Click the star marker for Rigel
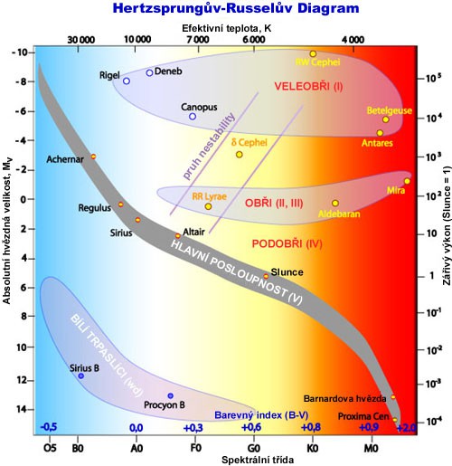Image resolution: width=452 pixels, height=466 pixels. pyautogui.click(x=127, y=81)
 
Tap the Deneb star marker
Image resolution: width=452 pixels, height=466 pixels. pyautogui.click(x=149, y=73)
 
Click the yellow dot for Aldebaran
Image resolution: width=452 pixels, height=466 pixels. pyautogui.click(x=335, y=204)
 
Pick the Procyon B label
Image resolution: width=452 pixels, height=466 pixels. pyautogui.click(x=164, y=405)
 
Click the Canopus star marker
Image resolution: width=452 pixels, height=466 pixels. pyautogui.click(x=193, y=117)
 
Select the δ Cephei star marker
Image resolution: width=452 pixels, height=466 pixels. pyautogui.click(x=240, y=155)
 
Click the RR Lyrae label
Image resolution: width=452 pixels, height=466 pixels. pyautogui.click(x=186, y=195)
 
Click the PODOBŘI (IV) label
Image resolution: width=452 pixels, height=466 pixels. pyautogui.click(x=287, y=243)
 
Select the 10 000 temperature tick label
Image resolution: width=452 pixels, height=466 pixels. pyautogui.click(x=137, y=40)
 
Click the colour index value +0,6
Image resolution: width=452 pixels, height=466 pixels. pyautogui.click(x=251, y=427)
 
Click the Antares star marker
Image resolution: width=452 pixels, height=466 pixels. pyautogui.click(x=380, y=133)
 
